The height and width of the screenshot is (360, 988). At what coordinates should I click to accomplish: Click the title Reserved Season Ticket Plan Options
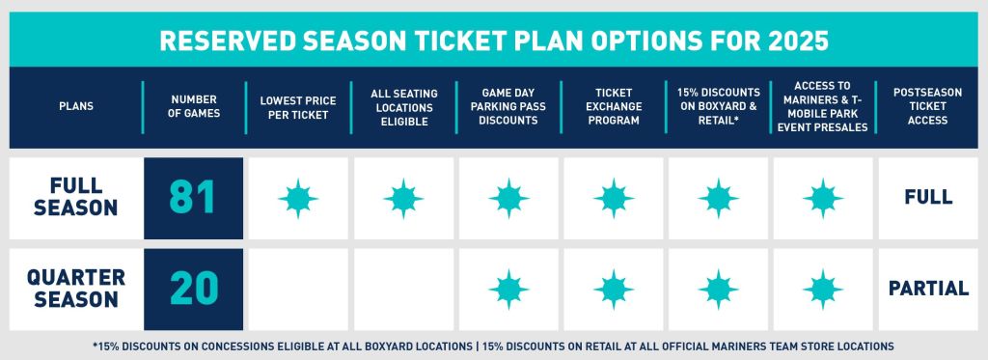(x=493, y=42)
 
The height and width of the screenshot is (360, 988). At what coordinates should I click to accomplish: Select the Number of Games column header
(x=193, y=107)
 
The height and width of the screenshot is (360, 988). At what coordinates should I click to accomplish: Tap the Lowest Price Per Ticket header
(x=298, y=107)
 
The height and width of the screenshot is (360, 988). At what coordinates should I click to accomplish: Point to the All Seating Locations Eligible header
(x=404, y=107)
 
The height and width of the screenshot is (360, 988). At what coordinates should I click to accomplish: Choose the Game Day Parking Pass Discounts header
(x=508, y=107)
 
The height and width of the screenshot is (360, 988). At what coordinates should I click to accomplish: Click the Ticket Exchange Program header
(x=614, y=107)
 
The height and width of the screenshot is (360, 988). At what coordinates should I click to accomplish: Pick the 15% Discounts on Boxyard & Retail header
(x=719, y=107)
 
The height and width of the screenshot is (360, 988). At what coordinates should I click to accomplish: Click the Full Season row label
(x=73, y=198)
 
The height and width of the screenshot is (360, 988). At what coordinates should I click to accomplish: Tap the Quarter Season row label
(x=73, y=289)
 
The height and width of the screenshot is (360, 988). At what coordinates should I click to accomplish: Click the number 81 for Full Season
(x=193, y=198)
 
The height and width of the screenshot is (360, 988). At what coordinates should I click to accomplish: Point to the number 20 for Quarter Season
(x=193, y=289)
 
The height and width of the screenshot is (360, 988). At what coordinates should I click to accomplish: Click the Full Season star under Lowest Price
(x=298, y=198)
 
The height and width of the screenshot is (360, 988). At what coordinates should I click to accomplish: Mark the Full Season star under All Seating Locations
(x=403, y=198)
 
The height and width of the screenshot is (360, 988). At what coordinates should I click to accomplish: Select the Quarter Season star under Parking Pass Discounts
(x=508, y=289)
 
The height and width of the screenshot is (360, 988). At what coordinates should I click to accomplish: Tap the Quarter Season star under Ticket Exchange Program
(x=614, y=289)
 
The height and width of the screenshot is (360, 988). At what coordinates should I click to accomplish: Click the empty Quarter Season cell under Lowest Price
(x=298, y=289)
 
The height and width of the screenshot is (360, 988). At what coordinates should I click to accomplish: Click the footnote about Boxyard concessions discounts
(x=493, y=346)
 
